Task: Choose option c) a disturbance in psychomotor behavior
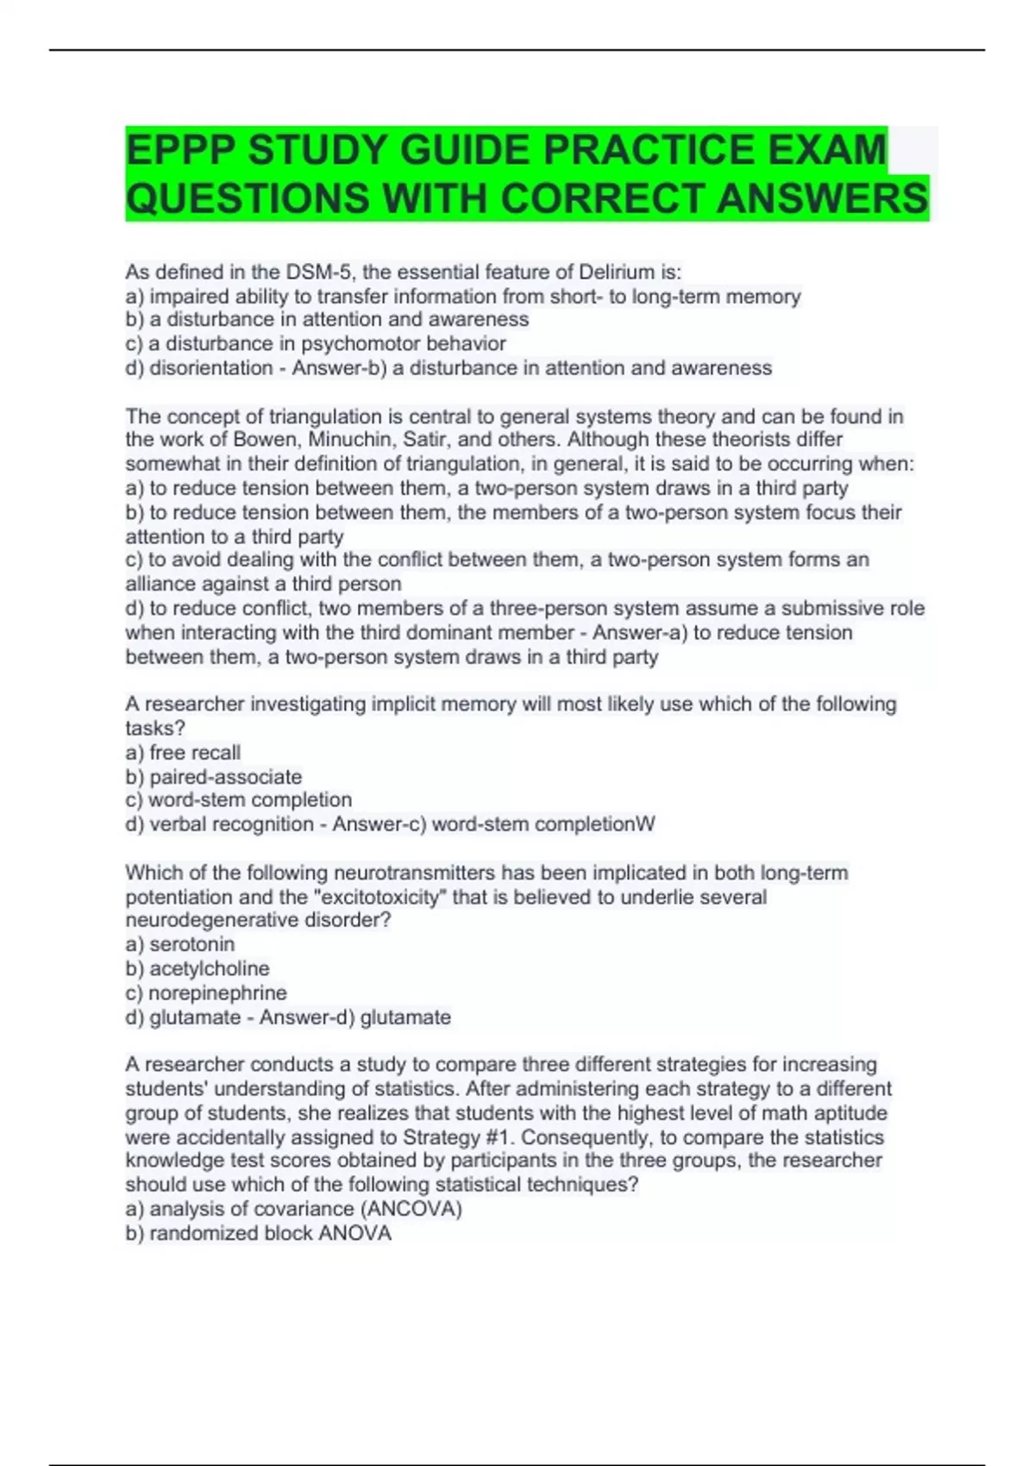316,343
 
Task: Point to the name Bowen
265,439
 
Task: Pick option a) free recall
183,752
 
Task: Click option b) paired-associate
214,776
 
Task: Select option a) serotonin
180,944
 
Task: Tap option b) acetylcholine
198,968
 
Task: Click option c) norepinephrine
206,993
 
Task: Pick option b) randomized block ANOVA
259,1233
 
